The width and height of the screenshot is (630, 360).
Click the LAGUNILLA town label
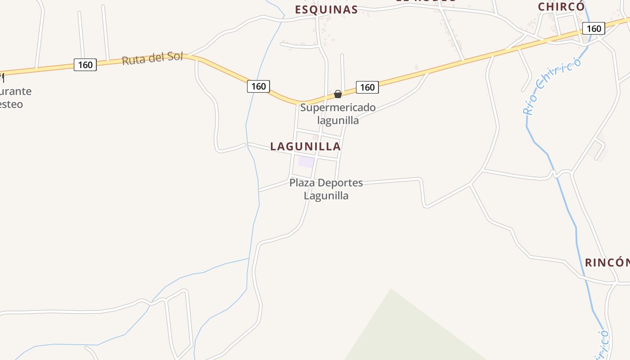coord(306,146)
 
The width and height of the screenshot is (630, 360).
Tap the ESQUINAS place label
coord(326,9)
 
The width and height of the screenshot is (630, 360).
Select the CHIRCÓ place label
coord(561,7)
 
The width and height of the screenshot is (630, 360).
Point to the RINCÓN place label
coord(607,262)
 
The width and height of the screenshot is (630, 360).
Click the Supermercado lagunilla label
coord(338,114)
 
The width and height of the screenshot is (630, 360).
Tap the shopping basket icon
coord(338,94)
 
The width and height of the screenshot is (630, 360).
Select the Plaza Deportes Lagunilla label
coord(326,189)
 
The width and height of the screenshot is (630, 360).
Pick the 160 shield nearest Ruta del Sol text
coord(85,65)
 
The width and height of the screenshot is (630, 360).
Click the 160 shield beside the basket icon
coord(367,87)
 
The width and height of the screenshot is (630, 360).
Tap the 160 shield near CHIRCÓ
coord(594,28)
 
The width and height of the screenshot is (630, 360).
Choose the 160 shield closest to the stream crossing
coord(258,86)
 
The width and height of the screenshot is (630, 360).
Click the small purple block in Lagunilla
coord(306,162)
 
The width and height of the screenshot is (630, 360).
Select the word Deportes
coord(340,183)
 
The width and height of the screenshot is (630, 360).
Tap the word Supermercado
coord(338,108)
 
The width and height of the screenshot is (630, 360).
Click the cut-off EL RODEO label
coord(426,1)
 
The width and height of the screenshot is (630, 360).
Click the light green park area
coord(405,333)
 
